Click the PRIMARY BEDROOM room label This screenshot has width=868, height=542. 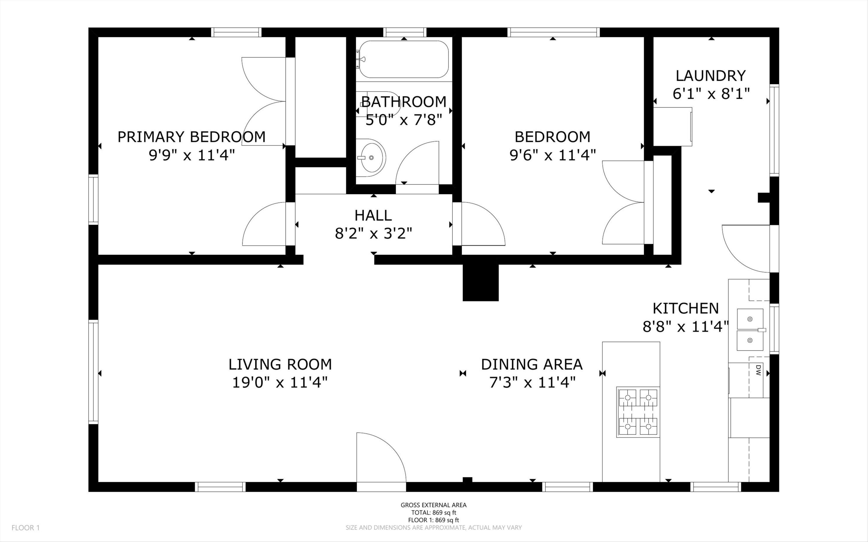tap(192, 137)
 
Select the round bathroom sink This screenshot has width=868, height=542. tap(371, 158)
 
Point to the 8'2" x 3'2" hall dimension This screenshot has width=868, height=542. tap(373, 234)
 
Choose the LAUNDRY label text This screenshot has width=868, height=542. tap(711, 76)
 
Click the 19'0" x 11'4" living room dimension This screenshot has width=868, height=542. tap(280, 382)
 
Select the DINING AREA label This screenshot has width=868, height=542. tap(532, 364)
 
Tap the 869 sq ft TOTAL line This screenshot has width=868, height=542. tap(433, 512)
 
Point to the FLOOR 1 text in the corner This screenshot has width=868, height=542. tap(25, 528)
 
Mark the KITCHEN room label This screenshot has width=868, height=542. tap(685, 308)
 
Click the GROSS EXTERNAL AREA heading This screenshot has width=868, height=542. tap(433, 505)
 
